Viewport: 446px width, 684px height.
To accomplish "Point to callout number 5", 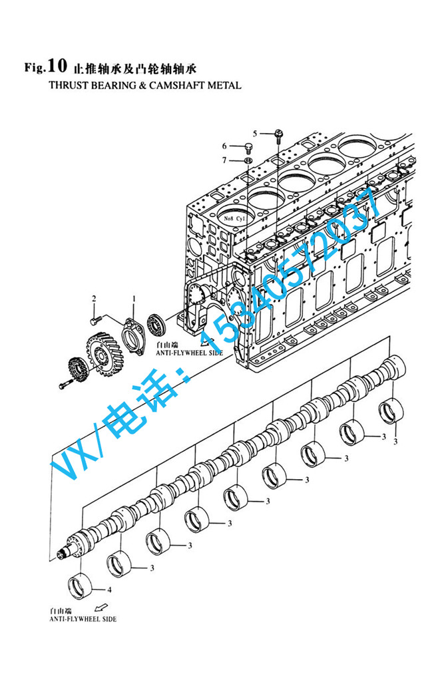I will pyautogui.click(x=264, y=133).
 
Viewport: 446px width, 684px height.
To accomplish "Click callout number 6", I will pyautogui.click(x=224, y=146).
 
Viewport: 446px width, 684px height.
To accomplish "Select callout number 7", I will pyautogui.click(x=224, y=160).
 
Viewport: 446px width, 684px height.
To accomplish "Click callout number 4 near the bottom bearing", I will pyautogui.click(x=110, y=590).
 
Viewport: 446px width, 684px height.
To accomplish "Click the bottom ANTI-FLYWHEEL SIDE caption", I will pyautogui.click(x=83, y=619).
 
